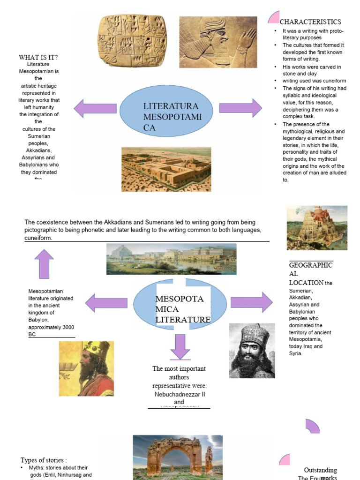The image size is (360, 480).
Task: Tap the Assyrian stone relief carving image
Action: point(218,42)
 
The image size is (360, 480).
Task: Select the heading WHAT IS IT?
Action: point(38,58)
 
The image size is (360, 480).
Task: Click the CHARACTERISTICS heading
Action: point(310,22)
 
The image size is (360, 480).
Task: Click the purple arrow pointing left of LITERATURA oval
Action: point(95,108)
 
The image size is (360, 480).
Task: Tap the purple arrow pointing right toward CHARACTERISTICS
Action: point(240,108)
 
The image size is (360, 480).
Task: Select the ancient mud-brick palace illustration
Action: point(166,169)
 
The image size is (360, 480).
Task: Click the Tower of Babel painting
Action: point(317,228)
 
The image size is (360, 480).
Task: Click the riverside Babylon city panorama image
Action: point(171,259)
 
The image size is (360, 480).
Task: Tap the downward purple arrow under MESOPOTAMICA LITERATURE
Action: point(180,346)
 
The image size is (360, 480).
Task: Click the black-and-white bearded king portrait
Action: point(252,351)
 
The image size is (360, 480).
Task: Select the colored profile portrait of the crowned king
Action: point(86,368)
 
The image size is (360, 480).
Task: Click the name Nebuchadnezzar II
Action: point(180,394)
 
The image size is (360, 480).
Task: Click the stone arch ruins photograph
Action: point(178,457)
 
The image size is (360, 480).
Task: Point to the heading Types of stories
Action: point(44,460)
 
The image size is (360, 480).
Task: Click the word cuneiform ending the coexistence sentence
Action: point(38,238)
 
